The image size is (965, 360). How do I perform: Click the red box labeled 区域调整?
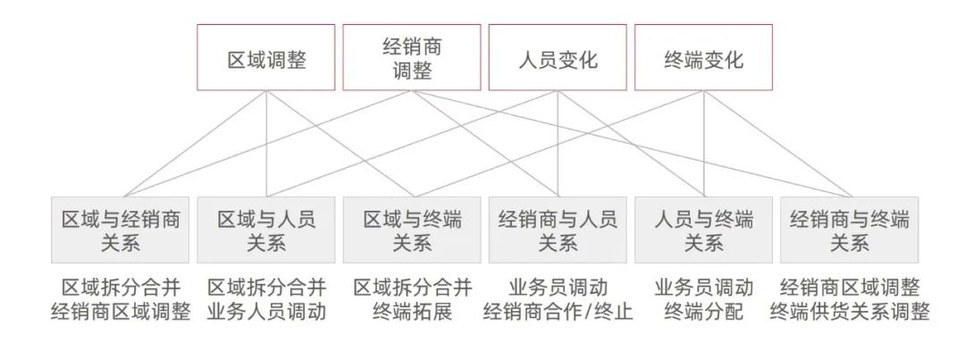coord(266,57)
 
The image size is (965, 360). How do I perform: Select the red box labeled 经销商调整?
coord(412,57)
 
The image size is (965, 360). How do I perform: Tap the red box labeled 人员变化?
coord(558,57)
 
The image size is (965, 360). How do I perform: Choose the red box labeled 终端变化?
coord(703,57)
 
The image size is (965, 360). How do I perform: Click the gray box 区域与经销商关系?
coord(121,230)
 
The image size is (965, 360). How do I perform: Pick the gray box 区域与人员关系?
coord(266,230)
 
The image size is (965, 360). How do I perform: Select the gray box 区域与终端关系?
coord(412,230)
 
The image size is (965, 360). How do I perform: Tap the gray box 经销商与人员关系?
coord(558,230)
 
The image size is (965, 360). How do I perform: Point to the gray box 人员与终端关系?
coord(703,230)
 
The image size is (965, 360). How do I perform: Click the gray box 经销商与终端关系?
coord(849,230)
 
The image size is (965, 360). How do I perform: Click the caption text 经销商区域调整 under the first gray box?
coord(121,313)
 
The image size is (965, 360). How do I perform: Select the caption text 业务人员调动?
coord(266,313)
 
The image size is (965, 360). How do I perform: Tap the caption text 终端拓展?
coord(412,313)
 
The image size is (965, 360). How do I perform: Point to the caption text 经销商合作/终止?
coord(558,313)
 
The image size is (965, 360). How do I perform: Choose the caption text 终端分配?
coord(703,313)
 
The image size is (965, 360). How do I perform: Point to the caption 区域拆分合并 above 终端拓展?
coord(412,288)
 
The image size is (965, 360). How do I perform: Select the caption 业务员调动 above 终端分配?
coord(703,288)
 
